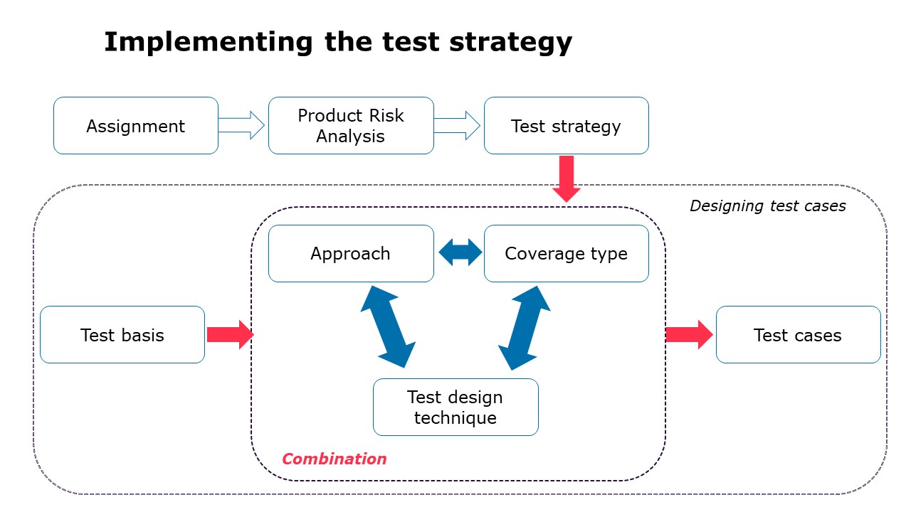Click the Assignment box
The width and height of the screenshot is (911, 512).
(x=136, y=126)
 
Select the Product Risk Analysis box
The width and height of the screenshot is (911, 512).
(x=351, y=126)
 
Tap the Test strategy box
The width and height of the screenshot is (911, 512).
(x=566, y=126)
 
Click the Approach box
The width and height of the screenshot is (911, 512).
(x=351, y=254)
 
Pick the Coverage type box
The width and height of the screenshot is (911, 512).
(x=566, y=254)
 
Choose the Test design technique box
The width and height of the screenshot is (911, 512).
(x=455, y=407)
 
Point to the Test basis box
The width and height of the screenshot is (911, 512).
(x=122, y=335)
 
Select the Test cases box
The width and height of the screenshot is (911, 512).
(x=798, y=335)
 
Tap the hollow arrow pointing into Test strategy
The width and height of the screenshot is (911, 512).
(x=458, y=126)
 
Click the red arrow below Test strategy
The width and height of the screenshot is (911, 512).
(x=567, y=178)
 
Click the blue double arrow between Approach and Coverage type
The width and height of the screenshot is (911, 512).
(x=460, y=253)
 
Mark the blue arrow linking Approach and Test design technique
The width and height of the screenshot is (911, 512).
(x=388, y=326)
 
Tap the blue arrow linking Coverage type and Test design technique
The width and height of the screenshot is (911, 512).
(x=525, y=328)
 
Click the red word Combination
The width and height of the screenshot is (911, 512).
(x=335, y=459)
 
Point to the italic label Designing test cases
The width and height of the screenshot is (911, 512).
(x=767, y=206)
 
